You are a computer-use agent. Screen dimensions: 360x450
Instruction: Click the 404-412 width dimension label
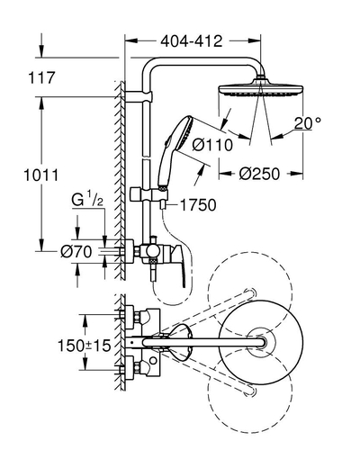point(192,41)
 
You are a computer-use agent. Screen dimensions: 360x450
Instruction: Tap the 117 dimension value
point(41,77)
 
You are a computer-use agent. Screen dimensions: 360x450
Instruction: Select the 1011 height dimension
point(41,175)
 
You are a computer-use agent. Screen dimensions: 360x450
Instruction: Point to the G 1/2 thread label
point(87,200)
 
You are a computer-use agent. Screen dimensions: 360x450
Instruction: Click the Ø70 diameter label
point(76,251)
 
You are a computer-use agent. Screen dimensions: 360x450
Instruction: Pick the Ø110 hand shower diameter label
point(212,145)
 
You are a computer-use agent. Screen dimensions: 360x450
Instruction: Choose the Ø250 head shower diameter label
point(259,174)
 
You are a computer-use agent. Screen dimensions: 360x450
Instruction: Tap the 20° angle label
point(307,123)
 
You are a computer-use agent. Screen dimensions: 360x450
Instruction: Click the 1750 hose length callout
point(198,205)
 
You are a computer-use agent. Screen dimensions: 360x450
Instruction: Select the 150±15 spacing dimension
point(85,346)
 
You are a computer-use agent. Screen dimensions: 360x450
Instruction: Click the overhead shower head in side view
point(261,89)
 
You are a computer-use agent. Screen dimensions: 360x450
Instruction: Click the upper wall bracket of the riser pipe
point(139,96)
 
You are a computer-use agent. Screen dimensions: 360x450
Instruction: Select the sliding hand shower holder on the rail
point(148,194)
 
